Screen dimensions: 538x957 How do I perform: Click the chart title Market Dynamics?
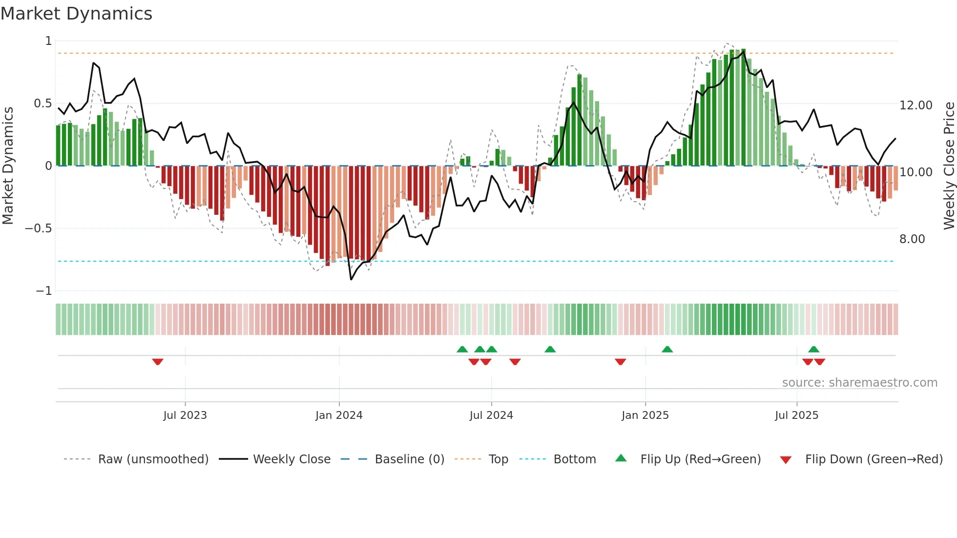(76, 14)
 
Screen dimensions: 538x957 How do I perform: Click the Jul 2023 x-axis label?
(185, 415)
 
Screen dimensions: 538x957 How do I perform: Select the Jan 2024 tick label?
(339, 415)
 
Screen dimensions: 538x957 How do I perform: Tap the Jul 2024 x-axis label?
(491, 415)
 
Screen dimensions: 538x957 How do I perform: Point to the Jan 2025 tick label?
(645, 415)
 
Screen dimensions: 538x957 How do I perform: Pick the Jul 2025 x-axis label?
(796, 415)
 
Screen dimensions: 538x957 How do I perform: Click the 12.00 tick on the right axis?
(915, 105)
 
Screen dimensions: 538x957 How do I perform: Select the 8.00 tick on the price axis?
(912, 239)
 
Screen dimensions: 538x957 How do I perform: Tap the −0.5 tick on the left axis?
(38, 228)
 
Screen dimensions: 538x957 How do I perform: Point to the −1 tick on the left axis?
(43, 291)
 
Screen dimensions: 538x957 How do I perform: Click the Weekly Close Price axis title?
(949, 166)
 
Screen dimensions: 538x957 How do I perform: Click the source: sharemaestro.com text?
(859, 383)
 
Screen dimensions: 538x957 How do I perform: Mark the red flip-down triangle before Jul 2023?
(157, 362)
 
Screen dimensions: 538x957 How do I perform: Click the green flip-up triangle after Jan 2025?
(667, 349)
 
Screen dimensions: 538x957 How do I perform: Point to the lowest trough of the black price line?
(351, 279)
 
